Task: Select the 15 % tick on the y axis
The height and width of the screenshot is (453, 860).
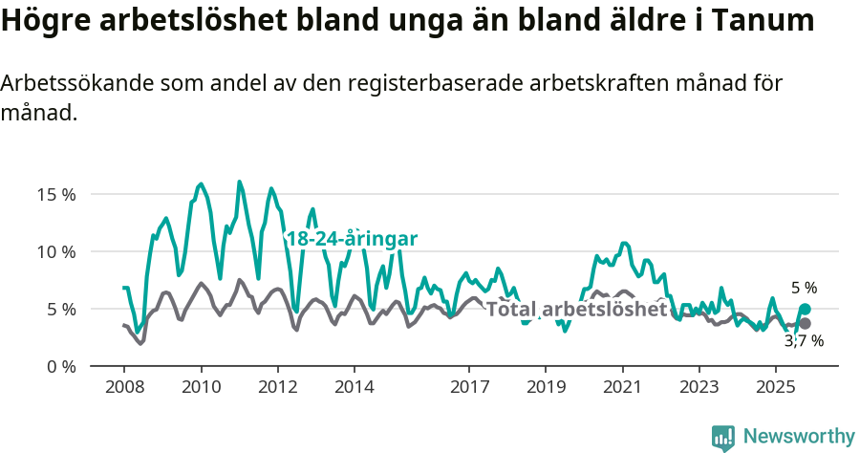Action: pyautogui.click(x=55, y=194)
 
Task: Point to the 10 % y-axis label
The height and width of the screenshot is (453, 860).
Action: pyautogui.click(x=55, y=251)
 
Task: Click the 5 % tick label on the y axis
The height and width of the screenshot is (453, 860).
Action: pyautogui.click(x=59, y=309)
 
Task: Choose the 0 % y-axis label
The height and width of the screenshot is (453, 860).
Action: pyautogui.click(x=59, y=366)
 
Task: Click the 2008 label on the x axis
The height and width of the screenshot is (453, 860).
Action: pyautogui.click(x=124, y=389)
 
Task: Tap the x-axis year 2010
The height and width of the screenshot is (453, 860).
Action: pyautogui.click(x=201, y=389)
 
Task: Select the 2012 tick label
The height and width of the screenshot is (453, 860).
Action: pyautogui.click(x=277, y=389)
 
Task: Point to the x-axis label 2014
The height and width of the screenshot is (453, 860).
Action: pyautogui.click(x=354, y=389)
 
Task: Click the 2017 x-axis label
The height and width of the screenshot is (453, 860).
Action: pyautogui.click(x=468, y=389)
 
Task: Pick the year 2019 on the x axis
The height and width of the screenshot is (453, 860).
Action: pyautogui.click(x=545, y=389)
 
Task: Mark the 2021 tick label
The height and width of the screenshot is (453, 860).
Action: pyautogui.click(x=622, y=389)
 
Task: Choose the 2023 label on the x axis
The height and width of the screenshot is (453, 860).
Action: pyautogui.click(x=699, y=389)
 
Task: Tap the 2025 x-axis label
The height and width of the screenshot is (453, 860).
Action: pyautogui.click(x=775, y=389)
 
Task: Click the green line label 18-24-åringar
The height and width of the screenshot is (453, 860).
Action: pyautogui.click(x=352, y=239)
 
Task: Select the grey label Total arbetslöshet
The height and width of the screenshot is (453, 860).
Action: pyautogui.click(x=576, y=309)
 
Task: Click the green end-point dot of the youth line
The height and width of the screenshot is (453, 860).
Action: pyautogui.click(x=805, y=309)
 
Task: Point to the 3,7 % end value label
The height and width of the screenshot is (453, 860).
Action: pyautogui.click(x=804, y=340)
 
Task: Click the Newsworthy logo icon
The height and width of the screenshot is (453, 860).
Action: pyautogui.click(x=723, y=437)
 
